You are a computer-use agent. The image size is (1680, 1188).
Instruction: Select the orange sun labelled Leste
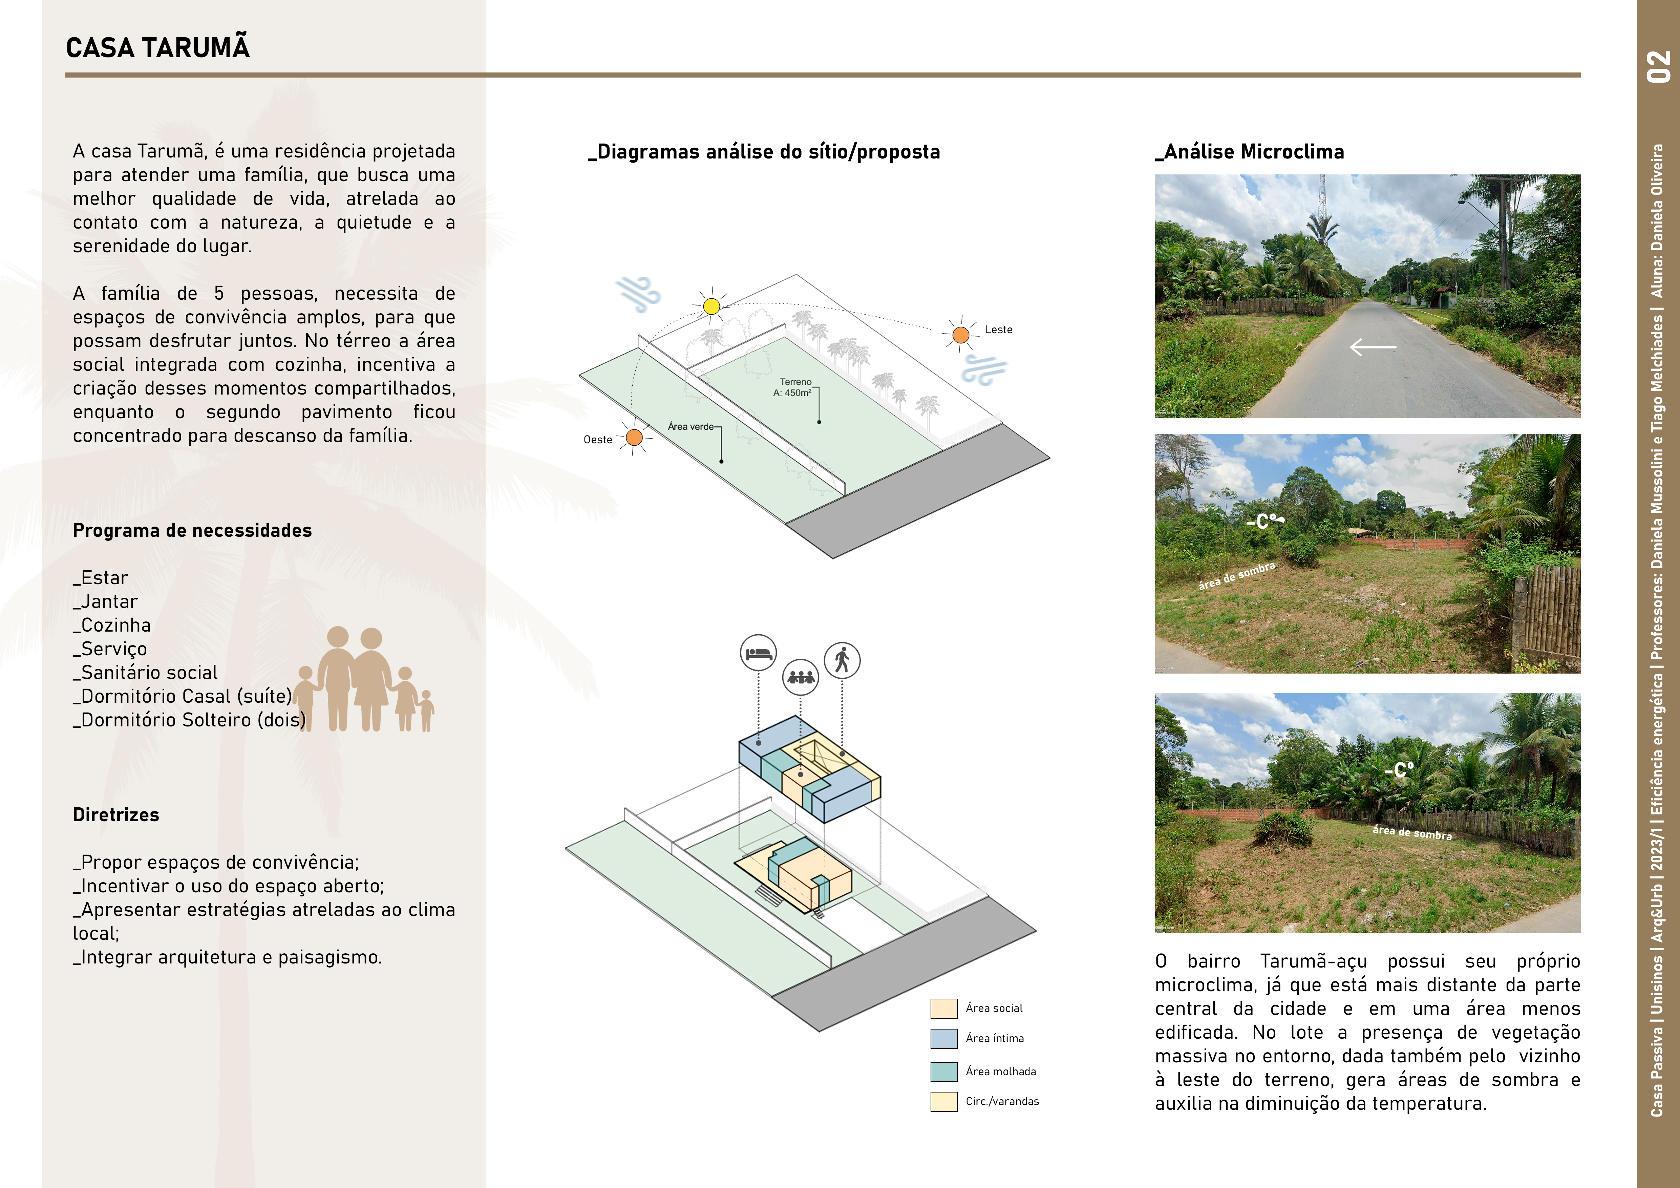click(961, 335)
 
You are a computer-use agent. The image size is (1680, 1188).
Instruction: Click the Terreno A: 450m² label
click(794, 387)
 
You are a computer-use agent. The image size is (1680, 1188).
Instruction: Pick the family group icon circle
click(801, 677)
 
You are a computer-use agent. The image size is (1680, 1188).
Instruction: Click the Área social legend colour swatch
click(944, 1008)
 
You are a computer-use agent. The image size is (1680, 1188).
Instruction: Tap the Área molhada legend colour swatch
click(944, 1072)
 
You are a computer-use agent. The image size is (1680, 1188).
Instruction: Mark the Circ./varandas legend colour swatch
click(944, 1102)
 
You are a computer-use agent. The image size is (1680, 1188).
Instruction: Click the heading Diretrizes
click(115, 815)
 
